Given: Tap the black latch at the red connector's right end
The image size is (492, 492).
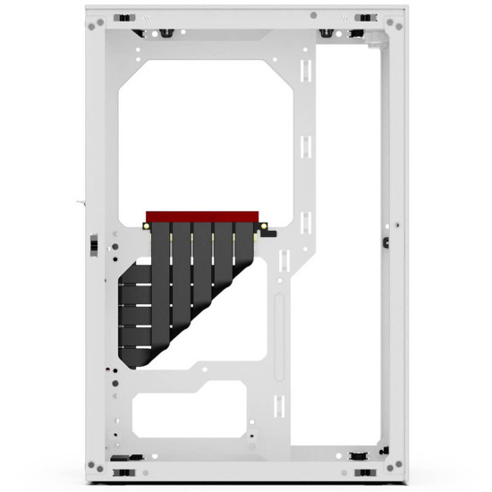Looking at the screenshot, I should (270, 233).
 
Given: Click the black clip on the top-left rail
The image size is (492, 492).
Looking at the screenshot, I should (125, 18).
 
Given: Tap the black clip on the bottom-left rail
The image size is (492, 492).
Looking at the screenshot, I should (126, 471).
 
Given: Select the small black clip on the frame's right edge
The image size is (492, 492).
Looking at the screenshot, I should (386, 242).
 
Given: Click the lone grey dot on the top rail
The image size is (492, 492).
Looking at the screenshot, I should (312, 15).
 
